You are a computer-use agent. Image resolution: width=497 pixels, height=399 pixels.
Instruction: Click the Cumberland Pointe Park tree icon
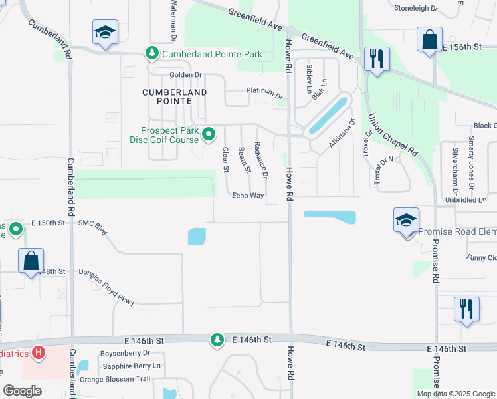click(152, 53)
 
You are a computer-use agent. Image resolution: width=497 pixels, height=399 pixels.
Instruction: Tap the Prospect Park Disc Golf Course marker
click(209, 134)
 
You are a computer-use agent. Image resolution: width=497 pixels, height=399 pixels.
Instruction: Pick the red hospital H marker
click(39, 352)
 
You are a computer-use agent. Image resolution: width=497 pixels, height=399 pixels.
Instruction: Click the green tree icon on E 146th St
click(217, 340)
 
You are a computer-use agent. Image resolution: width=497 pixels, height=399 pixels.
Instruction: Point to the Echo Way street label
click(248, 196)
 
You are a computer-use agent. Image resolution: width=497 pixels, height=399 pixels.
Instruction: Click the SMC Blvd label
click(92, 224)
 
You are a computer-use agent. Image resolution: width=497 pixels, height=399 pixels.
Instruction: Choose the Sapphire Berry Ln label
click(130, 366)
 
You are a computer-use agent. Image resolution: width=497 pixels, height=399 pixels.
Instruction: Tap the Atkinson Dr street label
click(342, 134)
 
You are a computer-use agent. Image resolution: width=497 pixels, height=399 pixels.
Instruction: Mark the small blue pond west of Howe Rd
click(197, 236)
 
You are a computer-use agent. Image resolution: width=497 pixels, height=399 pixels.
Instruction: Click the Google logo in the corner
click(22, 391)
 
